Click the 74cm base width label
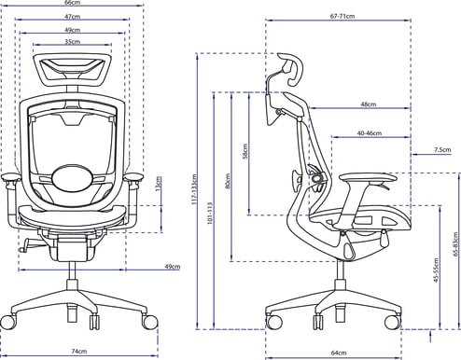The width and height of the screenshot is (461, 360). (79, 352)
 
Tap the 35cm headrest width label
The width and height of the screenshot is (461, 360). (72, 41)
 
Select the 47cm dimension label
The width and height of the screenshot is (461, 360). (72, 17)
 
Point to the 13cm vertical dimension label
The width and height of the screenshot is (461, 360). (159, 184)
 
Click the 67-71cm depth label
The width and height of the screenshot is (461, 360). (342, 16)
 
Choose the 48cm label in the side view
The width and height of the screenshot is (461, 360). (369, 104)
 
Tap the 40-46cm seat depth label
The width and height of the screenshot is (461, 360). (370, 133)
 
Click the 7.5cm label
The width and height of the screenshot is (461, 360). (442, 150)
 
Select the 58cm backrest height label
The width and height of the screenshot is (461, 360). (245, 151)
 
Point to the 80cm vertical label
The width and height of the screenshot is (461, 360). (228, 181)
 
